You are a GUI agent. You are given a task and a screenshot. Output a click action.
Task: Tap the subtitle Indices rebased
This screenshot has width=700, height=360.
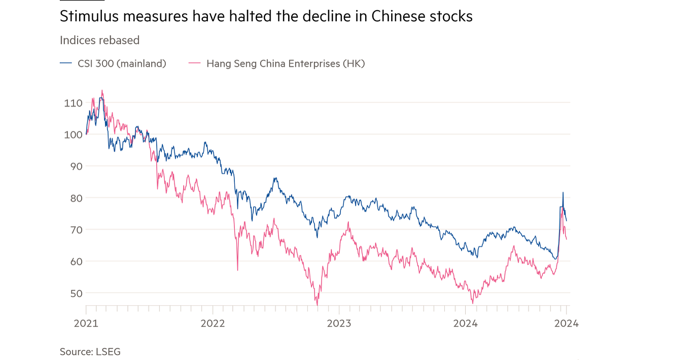(x=99, y=40)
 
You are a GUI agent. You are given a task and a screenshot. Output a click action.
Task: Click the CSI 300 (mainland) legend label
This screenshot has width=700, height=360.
(x=122, y=63)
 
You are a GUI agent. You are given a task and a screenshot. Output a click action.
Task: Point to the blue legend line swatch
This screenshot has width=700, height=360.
(x=66, y=63)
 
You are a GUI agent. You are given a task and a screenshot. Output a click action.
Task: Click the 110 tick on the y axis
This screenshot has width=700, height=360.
(x=73, y=103)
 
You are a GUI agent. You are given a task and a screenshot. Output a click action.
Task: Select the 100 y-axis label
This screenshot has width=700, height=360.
(x=73, y=134)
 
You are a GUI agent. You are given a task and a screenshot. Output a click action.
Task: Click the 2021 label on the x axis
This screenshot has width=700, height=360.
(x=86, y=323)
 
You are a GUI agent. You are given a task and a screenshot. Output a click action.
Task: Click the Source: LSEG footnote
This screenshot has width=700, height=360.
(x=90, y=351)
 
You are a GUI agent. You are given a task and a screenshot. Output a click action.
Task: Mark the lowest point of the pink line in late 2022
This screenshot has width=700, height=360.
(x=318, y=305)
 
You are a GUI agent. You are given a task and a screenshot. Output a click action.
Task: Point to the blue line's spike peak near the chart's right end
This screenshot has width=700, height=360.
(x=563, y=192)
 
